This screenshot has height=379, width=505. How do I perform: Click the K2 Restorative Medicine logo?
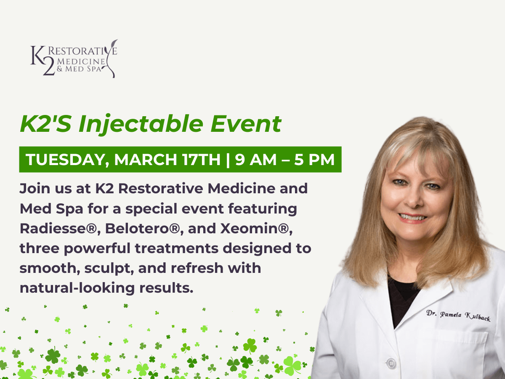(x=74, y=59)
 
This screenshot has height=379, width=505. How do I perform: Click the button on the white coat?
(x=391, y=363)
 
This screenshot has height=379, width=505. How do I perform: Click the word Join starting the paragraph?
(x=34, y=189)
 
